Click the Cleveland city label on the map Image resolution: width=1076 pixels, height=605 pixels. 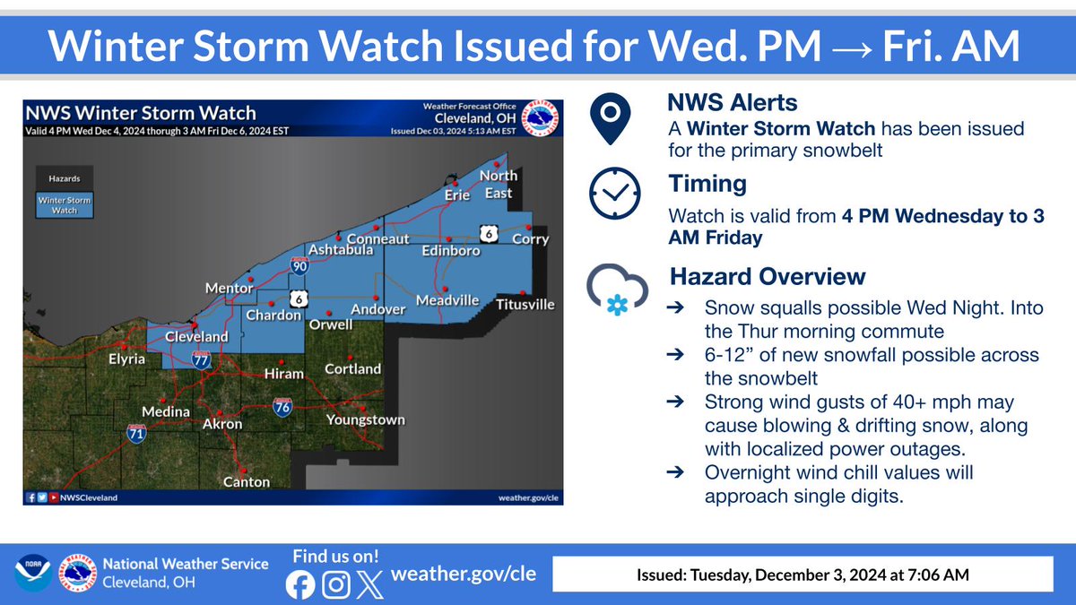(196, 337)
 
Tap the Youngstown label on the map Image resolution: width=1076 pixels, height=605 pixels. (365, 419)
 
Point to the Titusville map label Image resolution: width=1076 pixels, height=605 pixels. (525, 305)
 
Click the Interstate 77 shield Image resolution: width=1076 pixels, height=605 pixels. (201, 359)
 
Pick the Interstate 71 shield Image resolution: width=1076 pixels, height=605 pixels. (136, 434)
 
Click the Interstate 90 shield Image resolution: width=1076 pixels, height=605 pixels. (300, 265)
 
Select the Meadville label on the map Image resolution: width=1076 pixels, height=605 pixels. (447, 300)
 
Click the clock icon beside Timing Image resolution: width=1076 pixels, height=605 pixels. (614, 194)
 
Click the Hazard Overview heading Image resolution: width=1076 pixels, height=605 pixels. (767, 276)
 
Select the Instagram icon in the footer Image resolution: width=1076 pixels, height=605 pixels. (336, 584)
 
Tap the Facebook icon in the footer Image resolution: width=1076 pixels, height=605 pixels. (301, 584)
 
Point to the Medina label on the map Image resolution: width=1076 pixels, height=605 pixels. (166, 411)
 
